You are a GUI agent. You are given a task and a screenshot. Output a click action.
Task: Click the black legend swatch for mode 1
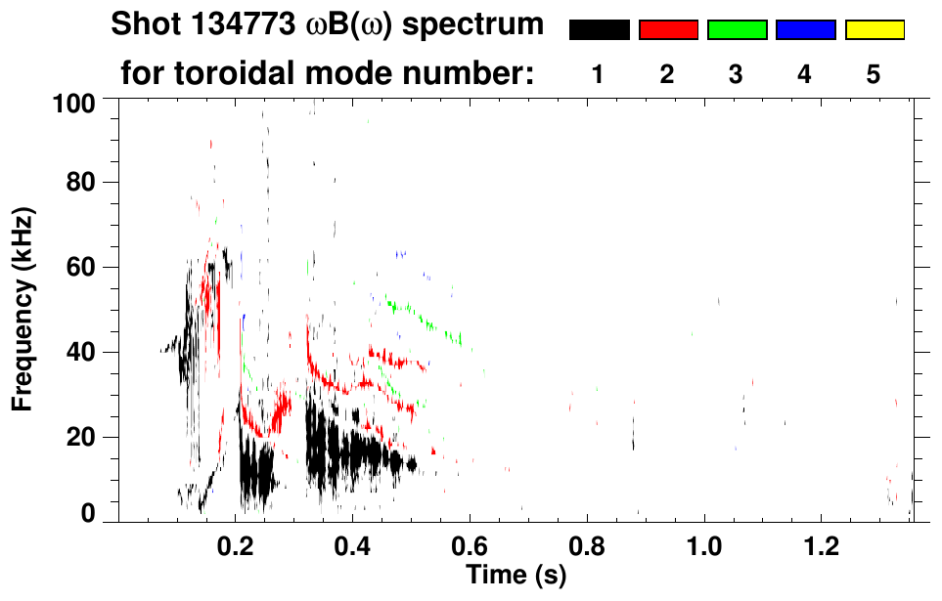click(599, 30)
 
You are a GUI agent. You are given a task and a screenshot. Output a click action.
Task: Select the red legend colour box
click(668, 30)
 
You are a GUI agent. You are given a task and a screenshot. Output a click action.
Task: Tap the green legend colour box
click(737, 30)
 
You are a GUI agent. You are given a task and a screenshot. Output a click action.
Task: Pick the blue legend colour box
click(805, 30)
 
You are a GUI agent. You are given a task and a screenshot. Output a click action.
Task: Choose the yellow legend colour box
click(874, 30)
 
